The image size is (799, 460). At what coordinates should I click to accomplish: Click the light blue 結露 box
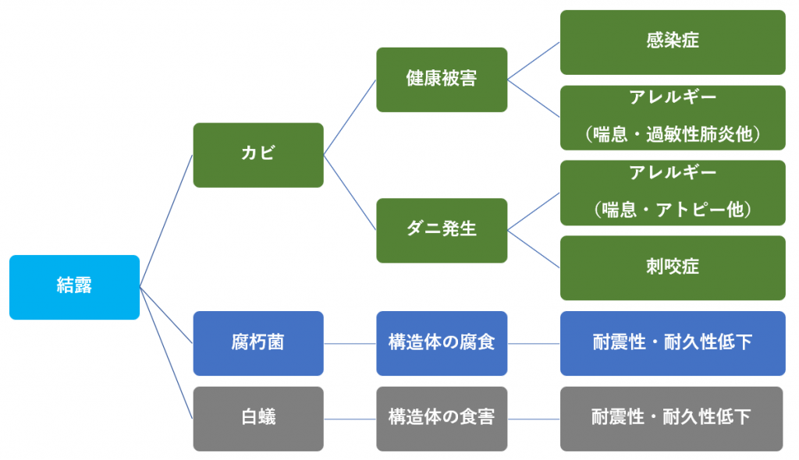(x=74, y=288)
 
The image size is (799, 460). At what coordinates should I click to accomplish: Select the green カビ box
(x=258, y=155)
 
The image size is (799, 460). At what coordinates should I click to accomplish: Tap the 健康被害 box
(x=442, y=80)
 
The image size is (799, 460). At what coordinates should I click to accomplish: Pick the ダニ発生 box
(x=442, y=230)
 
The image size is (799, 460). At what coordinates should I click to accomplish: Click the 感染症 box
(x=673, y=42)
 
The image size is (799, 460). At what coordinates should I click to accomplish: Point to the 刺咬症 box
(x=673, y=268)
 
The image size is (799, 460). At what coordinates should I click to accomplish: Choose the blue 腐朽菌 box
(x=258, y=343)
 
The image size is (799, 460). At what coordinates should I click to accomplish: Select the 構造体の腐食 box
(x=442, y=343)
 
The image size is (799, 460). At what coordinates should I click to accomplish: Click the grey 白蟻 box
(x=258, y=419)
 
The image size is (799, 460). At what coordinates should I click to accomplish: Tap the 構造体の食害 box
(x=442, y=419)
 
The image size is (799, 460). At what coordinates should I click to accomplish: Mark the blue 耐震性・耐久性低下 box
(x=673, y=343)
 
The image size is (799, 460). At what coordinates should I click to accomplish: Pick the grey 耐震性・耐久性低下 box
(x=672, y=419)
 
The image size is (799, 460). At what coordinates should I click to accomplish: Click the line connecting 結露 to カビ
(x=166, y=221)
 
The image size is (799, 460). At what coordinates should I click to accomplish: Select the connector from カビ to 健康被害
(x=350, y=117)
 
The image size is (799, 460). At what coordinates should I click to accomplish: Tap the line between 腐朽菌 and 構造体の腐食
(x=350, y=344)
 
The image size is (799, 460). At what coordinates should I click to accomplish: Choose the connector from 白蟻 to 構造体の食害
(x=350, y=419)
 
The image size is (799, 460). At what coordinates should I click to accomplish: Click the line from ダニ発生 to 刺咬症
(x=534, y=249)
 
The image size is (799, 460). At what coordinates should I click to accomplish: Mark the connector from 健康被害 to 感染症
(x=534, y=61)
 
